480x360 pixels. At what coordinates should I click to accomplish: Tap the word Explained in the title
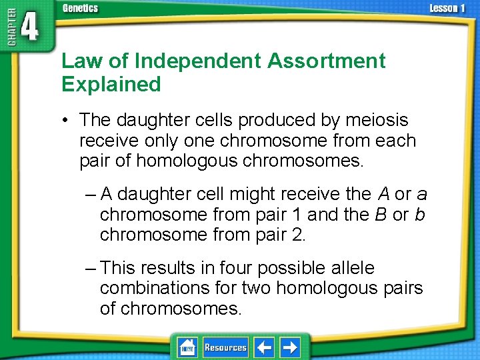(x=111, y=85)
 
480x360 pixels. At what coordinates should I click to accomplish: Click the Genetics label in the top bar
(x=80, y=9)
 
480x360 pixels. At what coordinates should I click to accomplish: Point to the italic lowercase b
(x=419, y=215)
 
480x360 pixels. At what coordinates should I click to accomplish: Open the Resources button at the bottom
(x=225, y=347)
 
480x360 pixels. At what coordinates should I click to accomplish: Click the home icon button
(x=187, y=347)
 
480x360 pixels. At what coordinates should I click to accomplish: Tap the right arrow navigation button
(x=290, y=347)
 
